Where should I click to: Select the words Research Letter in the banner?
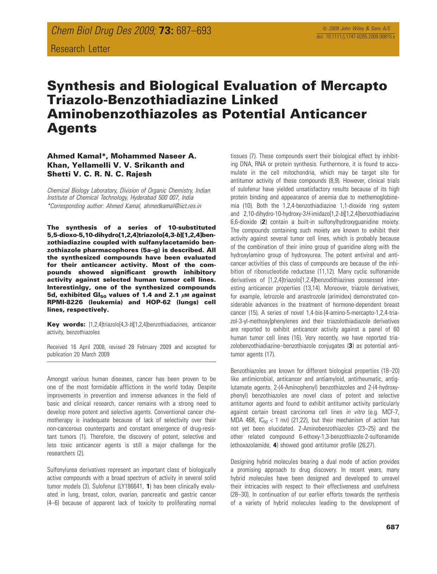coord(81,49)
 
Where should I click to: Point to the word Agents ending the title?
coord(72,128)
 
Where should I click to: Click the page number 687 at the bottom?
coord(392,527)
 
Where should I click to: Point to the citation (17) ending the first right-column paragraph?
coord(270,354)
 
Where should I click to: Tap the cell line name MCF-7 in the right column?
coord(388,412)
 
